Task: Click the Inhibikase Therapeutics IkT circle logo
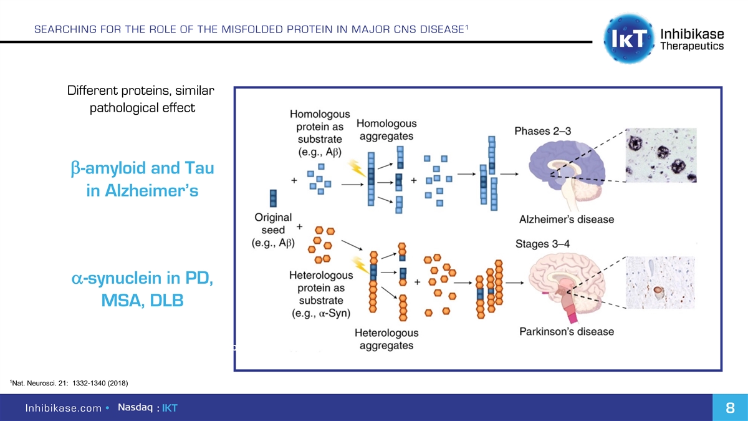click(628, 37)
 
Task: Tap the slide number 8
click(729, 408)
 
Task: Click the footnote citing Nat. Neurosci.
click(69, 382)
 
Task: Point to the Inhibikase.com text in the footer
click(63, 409)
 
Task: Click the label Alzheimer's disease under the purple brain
click(566, 220)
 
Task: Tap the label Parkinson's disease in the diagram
click(566, 332)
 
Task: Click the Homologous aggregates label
click(386, 130)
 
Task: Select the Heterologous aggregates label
click(386, 339)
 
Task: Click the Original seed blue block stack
click(273, 198)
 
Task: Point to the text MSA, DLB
click(142, 301)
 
